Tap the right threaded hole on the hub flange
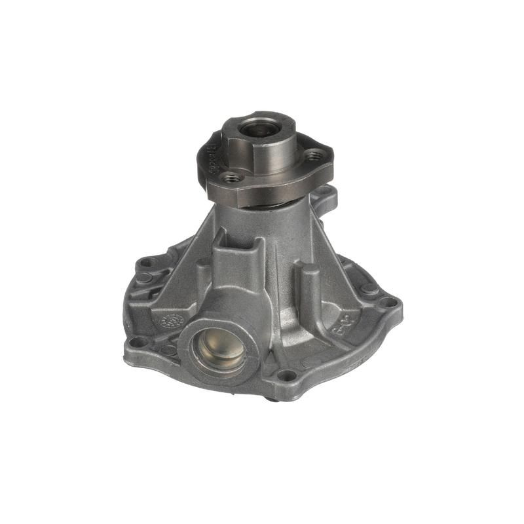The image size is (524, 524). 316,156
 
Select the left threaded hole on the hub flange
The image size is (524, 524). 230,177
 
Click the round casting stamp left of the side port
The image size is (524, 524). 172,322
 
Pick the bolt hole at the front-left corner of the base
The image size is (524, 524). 138,341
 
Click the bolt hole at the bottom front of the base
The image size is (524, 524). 286,375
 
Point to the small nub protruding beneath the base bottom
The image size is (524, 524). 271,396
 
